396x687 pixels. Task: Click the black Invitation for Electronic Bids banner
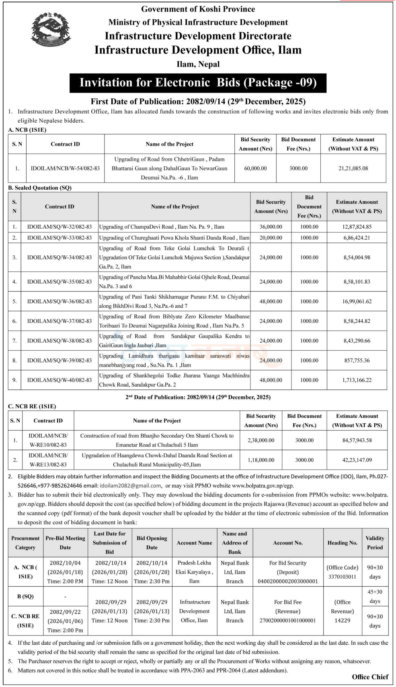click(x=198, y=83)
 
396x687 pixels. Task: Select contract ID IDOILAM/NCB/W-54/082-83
click(x=65, y=168)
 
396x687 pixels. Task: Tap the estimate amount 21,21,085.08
click(x=353, y=168)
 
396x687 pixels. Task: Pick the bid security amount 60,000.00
click(x=255, y=168)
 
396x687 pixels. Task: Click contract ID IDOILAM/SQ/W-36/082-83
click(x=60, y=301)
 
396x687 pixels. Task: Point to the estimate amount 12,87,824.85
click(x=357, y=227)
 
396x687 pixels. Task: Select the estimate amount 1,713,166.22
click(x=357, y=380)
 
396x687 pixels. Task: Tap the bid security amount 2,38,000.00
click(x=261, y=440)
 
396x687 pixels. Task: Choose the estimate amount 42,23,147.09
click(x=357, y=460)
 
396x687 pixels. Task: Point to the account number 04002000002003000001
click(x=288, y=581)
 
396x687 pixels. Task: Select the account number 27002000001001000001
click(x=288, y=621)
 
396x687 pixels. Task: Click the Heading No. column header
click(x=342, y=543)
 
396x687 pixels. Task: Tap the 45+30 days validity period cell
click(x=375, y=596)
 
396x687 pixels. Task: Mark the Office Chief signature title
click(x=370, y=677)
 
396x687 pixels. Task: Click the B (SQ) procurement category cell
click(x=25, y=596)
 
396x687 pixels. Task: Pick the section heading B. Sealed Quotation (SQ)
click(x=40, y=188)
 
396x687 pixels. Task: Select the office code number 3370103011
click(x=342, y=577)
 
